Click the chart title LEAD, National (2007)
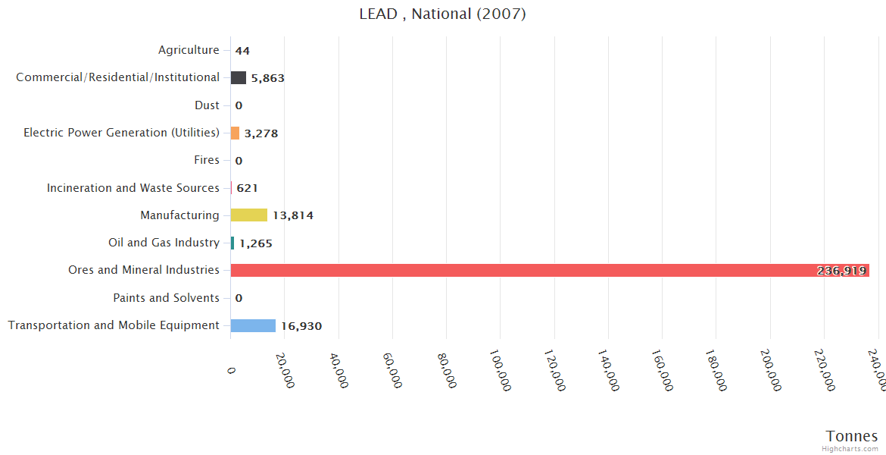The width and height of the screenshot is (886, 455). [442, 14]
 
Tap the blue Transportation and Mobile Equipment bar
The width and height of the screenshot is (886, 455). [253, 325]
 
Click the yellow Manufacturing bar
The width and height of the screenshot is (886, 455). [249, 215]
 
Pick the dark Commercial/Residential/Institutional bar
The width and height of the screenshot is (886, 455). [239, 77]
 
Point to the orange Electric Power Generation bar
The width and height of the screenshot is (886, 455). [235, 133]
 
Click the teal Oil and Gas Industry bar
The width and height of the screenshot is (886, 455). [232, 243]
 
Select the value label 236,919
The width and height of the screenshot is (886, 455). [841, 271]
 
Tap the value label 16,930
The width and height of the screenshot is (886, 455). [301, 326]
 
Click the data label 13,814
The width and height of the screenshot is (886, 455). [293, 216]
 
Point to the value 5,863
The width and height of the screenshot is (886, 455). [268, 78]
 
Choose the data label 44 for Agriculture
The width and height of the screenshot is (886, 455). [242, 51]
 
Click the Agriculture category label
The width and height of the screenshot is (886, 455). [189, 50]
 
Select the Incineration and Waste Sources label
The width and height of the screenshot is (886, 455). [133, 187]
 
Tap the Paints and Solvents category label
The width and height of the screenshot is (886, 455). [167, 297]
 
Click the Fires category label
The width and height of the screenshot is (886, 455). [207, 160]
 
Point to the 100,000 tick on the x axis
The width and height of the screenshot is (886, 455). [501, 370]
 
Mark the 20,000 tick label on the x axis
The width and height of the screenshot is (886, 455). [285, 370]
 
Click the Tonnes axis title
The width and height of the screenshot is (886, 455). [852, 436]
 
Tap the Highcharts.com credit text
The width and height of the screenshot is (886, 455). [850, 449]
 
